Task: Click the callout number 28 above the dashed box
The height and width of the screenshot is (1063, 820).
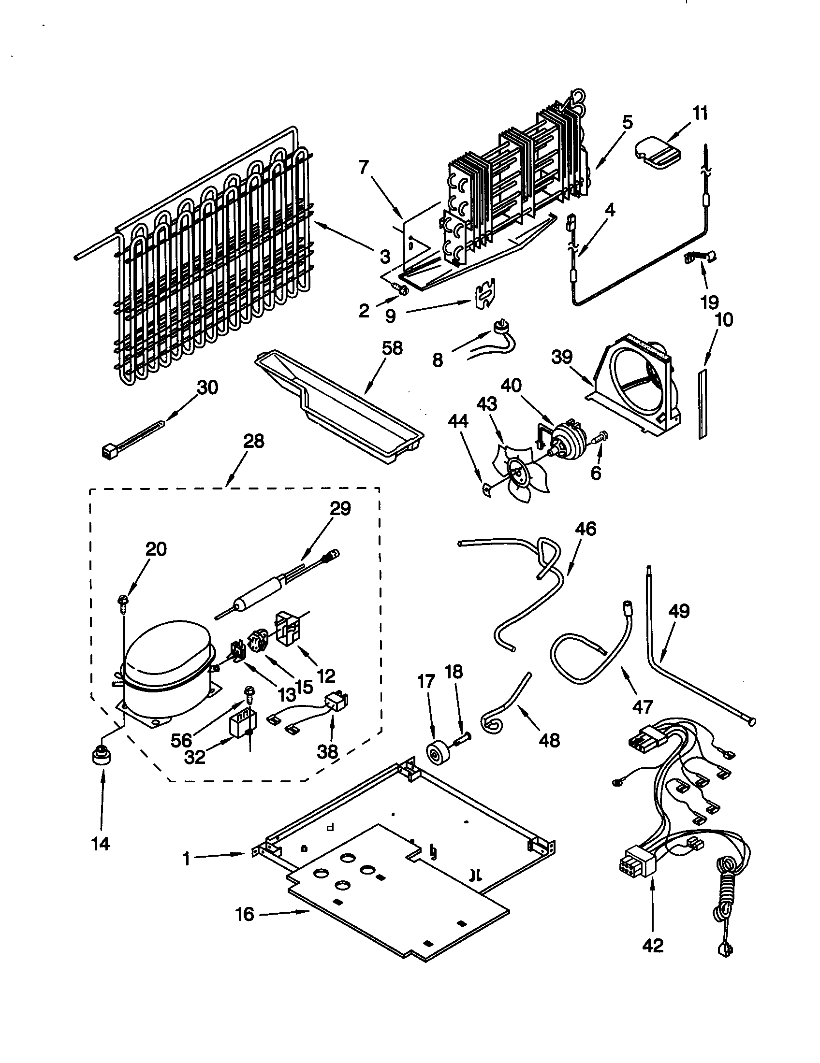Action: (254, 441)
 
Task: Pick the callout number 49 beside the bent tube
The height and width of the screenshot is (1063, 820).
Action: (679, 610)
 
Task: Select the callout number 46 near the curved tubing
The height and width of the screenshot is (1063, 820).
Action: (586, 528)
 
